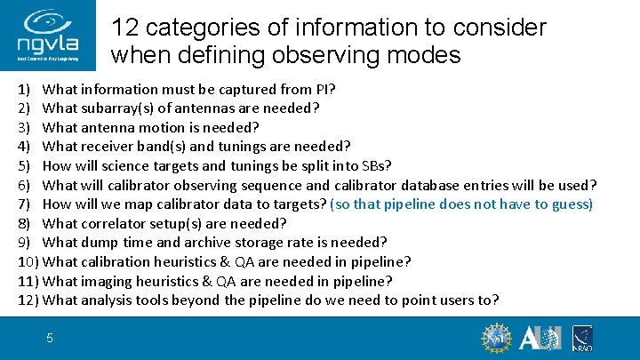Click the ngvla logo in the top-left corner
pyautogui.click(x=51, y=36)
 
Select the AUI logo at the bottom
pyautogui.click(x=540, y=339)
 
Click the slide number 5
pyautogui.click(x=51, y=338)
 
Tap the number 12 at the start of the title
pyautogui.click(x=127, y=28)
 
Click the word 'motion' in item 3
pyautogui.click(x=177, y=127)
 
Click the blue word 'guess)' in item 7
pyautogui.click(x=568, y=204)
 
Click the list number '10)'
pyautogui.click(x=28, y=261)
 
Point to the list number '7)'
pyautogui.click(x=24, y=204)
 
